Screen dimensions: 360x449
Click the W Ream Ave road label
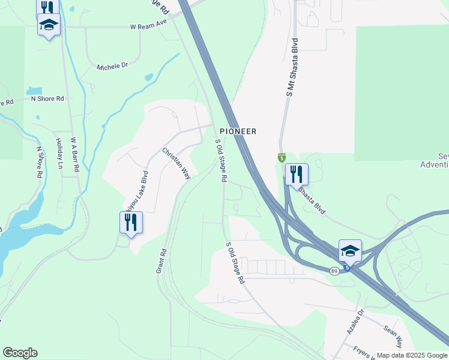pos(148,27)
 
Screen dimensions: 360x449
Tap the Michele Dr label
pos(113,66)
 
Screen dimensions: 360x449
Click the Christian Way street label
pos(176,164)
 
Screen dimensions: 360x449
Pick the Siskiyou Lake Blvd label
pos(136,190)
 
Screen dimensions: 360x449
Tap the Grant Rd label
pos(161,262)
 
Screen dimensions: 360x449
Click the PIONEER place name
pos(238,131)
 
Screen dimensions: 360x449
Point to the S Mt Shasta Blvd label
pos(292,68)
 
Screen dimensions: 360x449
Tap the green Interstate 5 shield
pos(282,158)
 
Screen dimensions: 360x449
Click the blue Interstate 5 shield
pos(346,268)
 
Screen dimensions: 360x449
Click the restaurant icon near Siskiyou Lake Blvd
pos(130,223)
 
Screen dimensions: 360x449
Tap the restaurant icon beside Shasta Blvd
pos(297,175)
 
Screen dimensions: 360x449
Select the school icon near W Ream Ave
pos(49,25)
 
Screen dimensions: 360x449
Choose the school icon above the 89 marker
pos(350,250)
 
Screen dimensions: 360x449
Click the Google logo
pos(20,353)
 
